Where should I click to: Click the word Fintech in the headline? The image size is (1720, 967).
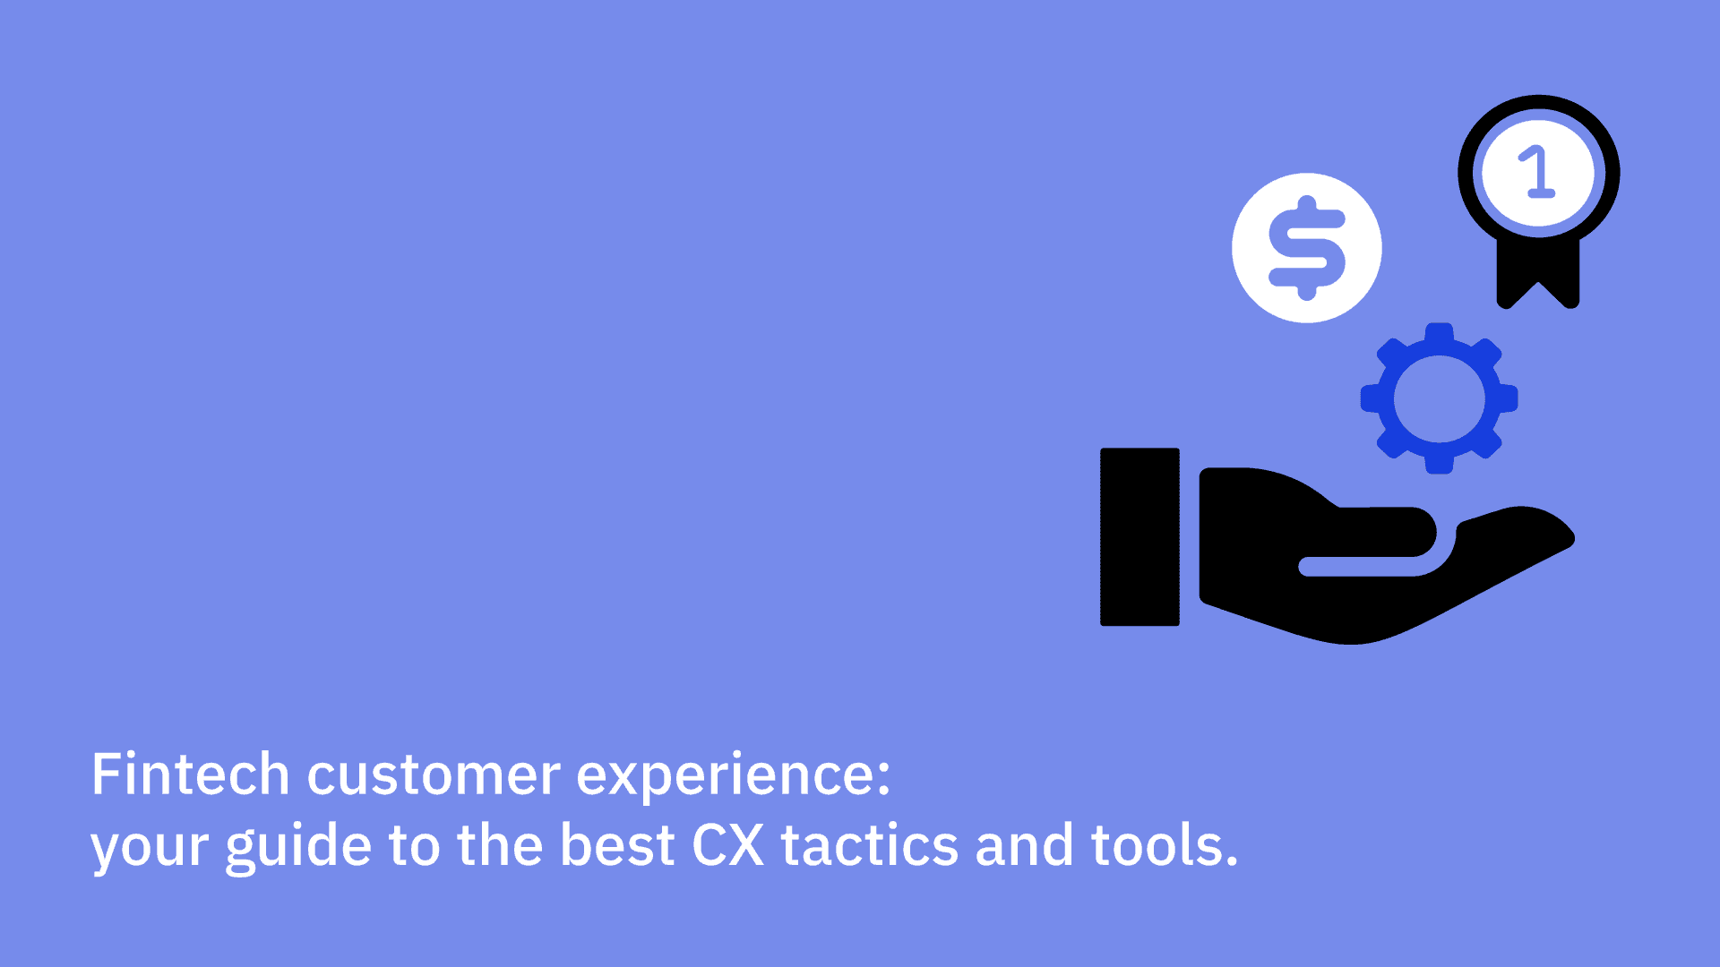coord(190,774)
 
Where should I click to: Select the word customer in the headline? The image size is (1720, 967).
coord(434,776)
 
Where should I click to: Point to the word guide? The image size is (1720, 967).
coord(298,847)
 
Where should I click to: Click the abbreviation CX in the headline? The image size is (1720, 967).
coord(728,845)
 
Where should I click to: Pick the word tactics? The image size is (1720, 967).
coord(870,845)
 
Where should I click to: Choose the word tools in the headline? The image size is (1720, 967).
coord(1157,845)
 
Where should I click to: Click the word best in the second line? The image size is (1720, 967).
coord(617,845)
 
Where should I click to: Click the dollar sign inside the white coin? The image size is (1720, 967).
coord(1307,247)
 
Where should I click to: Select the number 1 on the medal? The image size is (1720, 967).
coord(1537,172)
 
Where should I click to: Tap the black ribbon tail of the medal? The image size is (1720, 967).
coord(1538,273)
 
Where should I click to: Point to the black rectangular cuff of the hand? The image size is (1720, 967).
coord(1139,537)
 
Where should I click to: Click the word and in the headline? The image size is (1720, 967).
coord(1024,845)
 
